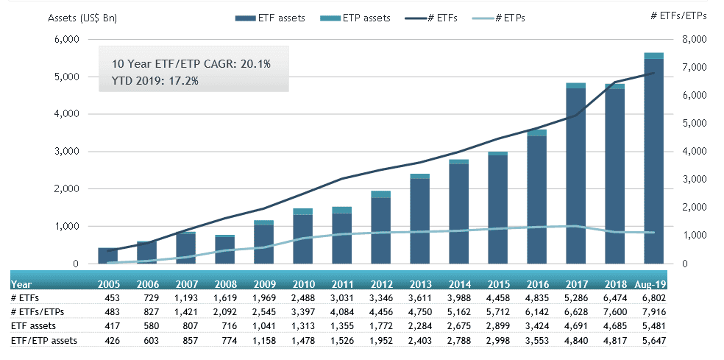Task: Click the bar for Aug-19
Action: pyautogui.click(x=654, y=158)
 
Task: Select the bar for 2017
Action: pyautogui.click(x=575, y=174)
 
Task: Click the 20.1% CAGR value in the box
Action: pyautogui.click(x=252, y=64)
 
